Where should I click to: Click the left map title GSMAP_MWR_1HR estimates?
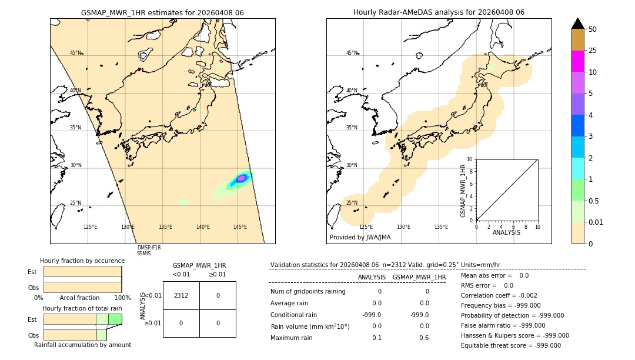[x=162, y=12]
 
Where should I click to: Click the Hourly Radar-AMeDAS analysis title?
[x=439, y=12]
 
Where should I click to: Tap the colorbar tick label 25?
[x=593, y=51]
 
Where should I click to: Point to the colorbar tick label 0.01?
[x=596, y=222]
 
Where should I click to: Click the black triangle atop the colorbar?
[x=578, y=24]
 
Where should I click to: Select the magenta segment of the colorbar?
[x=578, y=61]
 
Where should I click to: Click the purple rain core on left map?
[x=241, y=178]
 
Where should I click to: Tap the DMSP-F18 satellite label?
[x=148, y=248]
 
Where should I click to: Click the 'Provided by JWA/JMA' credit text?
[x=360, y=237]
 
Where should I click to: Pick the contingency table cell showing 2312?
[x=181, y=295]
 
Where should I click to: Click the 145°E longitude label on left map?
[x=240, y=227]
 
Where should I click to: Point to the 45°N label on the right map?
[x=351, y=53]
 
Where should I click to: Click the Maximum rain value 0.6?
[x=424, y=338]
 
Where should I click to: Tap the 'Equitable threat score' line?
[x=510, y=345]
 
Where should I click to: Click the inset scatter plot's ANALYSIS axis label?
[x=506, y=232]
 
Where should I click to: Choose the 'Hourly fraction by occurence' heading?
[x=82, y=261]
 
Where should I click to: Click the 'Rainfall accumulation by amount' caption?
[x=82, y=345]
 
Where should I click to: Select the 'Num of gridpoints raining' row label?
[x=308, y=291]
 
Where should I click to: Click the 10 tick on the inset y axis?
[x=470, y=159]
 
